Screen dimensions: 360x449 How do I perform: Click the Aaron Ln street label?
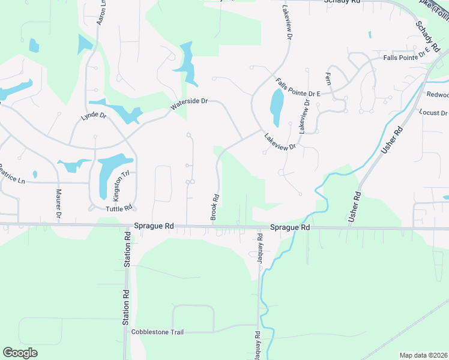[101, 11]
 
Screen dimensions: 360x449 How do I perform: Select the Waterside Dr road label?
[188, 104]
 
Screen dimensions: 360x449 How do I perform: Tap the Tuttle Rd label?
[118, 208]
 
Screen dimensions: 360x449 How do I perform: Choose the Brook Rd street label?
[214, 206]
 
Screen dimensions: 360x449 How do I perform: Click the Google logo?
[20, 353]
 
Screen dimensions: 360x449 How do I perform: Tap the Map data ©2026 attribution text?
[423, 355]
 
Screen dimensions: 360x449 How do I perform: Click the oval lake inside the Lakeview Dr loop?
[277, 107]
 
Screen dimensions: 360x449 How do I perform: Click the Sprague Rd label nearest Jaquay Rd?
[290, 227]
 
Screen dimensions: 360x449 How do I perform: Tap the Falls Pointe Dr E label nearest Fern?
[298, 88]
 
